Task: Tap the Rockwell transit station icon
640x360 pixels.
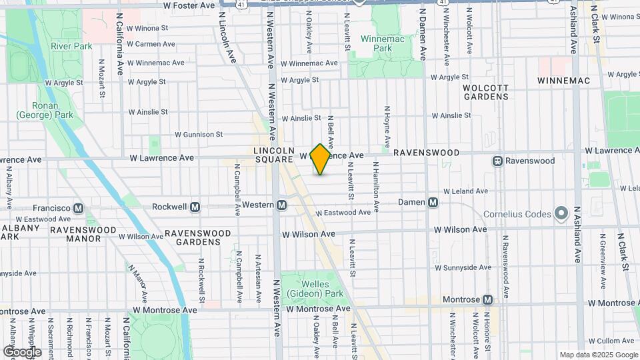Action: (x=195, y=207)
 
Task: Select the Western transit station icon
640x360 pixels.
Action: (x=282, y=205)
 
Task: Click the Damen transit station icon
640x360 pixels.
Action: (x=433, y=202)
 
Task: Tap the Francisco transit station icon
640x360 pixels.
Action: (x=78, y=208)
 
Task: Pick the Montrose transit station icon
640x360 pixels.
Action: (x=488, y=300)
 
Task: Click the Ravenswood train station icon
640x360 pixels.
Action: (x=497, y=161)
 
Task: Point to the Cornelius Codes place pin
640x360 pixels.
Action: (x=561, y=214)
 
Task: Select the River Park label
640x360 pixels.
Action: (x=71, y=46)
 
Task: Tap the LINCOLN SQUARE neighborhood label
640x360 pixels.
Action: (x=273, y=155)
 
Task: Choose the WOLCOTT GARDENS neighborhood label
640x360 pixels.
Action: (x=486, y=92)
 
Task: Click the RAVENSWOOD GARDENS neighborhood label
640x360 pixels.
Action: (x=198, y=238)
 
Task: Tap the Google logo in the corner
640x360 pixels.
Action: (x=22, y=352)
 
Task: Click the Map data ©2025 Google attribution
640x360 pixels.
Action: (x=598, y=355)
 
